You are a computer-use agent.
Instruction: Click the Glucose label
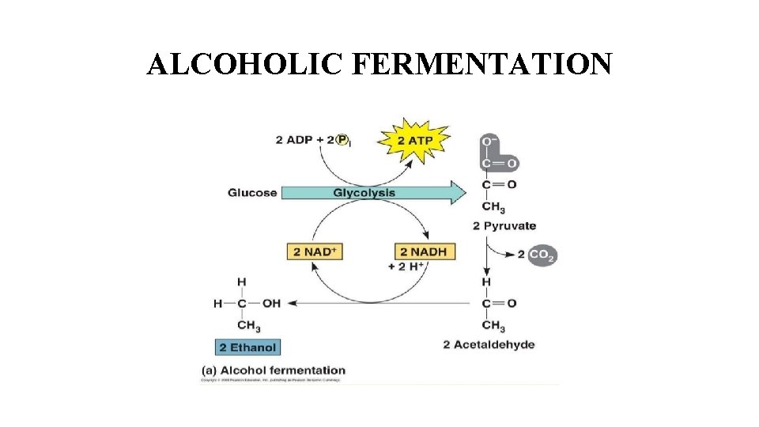click(252, 193)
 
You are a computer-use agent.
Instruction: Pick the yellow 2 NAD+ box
click(315, 251)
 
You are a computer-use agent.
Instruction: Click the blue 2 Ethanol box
click(247, 347)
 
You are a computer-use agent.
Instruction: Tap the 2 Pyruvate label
click(504, 226)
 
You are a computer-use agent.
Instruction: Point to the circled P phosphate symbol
click(342, 140)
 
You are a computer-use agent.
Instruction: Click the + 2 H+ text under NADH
click(409, 266)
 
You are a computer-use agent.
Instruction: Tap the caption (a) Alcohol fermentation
click(273, 369)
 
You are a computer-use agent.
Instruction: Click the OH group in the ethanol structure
click(271, 303)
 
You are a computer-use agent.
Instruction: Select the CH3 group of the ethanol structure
click(248, 325)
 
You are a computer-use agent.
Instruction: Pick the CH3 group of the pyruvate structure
click(493, 208)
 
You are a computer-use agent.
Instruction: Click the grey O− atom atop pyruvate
click(488, 144)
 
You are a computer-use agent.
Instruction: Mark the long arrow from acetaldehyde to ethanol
click(379, 303)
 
